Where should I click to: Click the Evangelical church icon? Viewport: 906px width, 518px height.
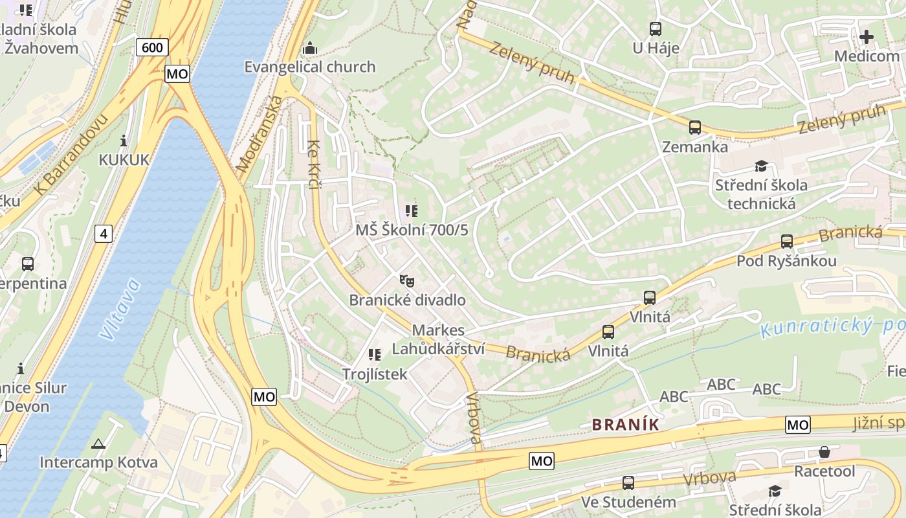pyautogui.click(x=310, y=49)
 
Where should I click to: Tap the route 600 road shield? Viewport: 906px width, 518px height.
pyautogui.click(x=152, y=47)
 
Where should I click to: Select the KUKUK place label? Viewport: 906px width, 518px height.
pyautogui.click(x=124, y=160)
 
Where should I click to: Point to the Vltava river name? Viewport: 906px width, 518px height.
pyautogui.click(x=120, y=309)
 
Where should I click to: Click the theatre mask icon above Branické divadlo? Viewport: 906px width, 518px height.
pyautogui.click(x=406, y=281)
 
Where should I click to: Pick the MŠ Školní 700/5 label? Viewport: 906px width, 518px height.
pyautogui.click(x=412, y=230)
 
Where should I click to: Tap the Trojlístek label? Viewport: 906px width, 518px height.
pyautogui.click(x=375, y=374)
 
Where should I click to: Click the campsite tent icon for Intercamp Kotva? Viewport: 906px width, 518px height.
pyautogui.click(x=98, y=444)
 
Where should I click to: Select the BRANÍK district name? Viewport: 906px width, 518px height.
pyautogui.click(x=626, y=425)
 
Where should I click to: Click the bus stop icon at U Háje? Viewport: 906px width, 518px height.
pyautogui.click(x=656, y=29)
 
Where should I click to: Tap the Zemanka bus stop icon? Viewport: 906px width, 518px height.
pyautogui.click(x=695, y=128)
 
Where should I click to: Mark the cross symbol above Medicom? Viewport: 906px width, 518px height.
pyautogui.click(x=867, y=37)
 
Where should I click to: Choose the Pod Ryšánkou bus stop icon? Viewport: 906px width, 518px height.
pyautogui.click(x=787, y=242)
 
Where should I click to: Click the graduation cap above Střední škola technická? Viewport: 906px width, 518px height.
pyautogui.click(x=761, y=166)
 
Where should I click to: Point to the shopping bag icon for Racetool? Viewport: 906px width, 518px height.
pyautogui.click(x=824, y=452)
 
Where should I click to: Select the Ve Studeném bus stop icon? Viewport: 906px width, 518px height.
pyautogui.click(x=628, y=483)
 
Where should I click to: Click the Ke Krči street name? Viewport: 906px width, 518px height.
pyautogui.click(x=314, y=164)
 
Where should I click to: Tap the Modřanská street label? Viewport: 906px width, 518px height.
pyautogui.click(x=260, y=133)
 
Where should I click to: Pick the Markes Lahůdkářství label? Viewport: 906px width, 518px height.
pyautogui.click(x=438, y=339)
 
